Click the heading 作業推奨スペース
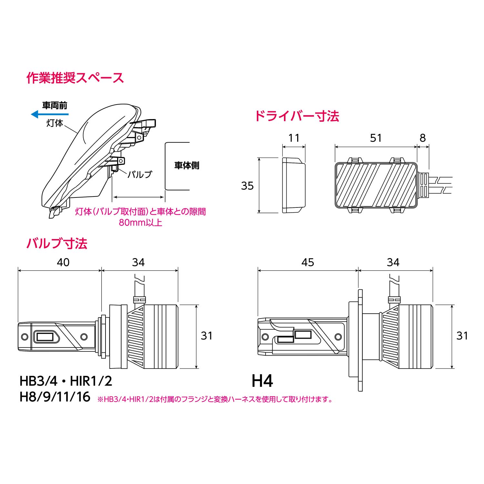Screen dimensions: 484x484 pyautogui.click(x=75, y=78)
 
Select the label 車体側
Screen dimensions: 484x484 pyautogui.click(x=187, y=166)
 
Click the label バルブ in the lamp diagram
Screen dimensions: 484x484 pyautogui.click(x=139, y=175)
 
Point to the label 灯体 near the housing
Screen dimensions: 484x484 pyautogui.click(x=55, y=123)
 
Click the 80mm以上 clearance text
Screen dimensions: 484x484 pyautogui.click(x=140, y=223)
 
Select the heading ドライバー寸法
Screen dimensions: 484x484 pyautogui.click(x=297, y=116)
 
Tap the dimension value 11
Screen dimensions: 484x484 pyautogui.click(x=294, y=138)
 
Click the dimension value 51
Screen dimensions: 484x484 pyautogui.click(x=376, y=138)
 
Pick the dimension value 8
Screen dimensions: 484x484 pyautogui.click(x=423, y=138)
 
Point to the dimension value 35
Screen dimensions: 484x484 pyautogui.click(x=247, y=186)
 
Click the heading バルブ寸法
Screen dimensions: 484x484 pyautogui.click(x=57, y=244)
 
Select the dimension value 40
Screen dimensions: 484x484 pyautogui.click(x=63, y=262)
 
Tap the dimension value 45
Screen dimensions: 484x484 pyautogui.click(x=308, y=262)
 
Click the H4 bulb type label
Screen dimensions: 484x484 pyautogui.click(x=262, y=381)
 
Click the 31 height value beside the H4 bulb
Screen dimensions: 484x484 pyautogui.click(x=462, y=336)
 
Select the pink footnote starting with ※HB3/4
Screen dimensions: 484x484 pyautogui.click(x=215, y=399)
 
